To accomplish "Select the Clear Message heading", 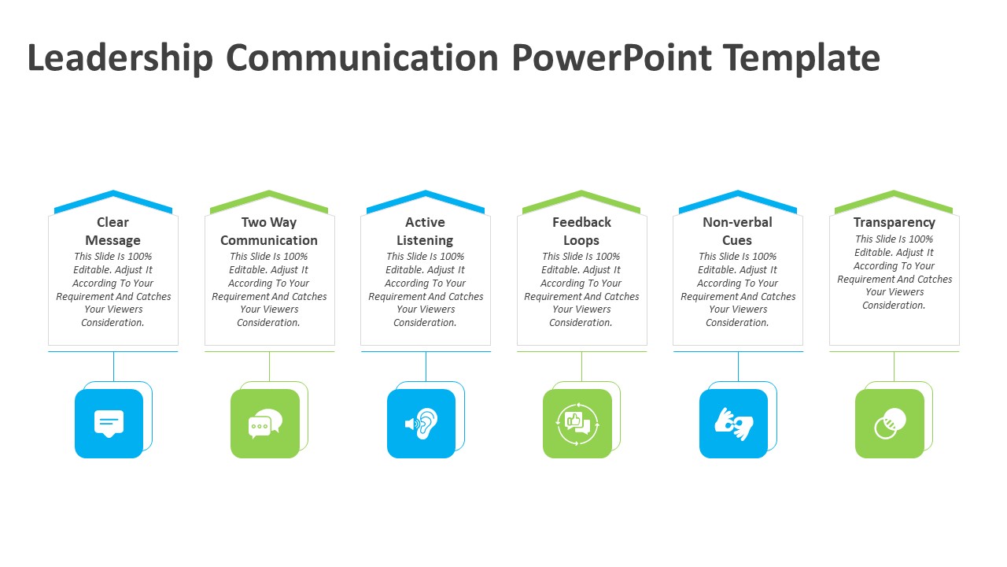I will coord(113,232).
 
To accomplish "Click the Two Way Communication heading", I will coord(269,232).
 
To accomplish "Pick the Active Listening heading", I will coord(425,232).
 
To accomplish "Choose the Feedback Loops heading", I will coord(581,232).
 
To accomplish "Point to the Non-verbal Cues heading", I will coord(737,232).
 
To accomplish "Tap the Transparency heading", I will coord(894,223).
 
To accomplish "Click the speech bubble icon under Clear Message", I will coord(109,424).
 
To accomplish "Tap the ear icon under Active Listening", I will coord(422,424).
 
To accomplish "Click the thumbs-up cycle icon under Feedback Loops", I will coord(577,424).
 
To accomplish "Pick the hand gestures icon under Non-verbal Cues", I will coord(733,424).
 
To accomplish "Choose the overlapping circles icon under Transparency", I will coord(890,424).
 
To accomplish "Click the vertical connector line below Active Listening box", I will coord(426,366).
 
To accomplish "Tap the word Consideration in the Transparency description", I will coord(893,306).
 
